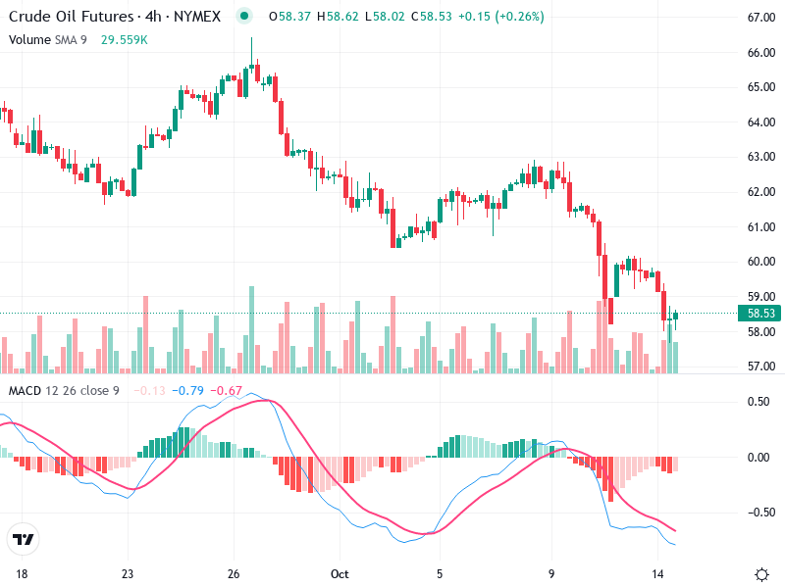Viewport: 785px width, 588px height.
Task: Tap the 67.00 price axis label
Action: [x=762, y=18]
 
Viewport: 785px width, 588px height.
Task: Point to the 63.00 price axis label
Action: [x=762, y=157]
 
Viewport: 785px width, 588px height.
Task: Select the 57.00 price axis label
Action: [x=762, y=367]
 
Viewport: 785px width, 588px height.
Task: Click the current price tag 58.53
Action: [x=762, y=314]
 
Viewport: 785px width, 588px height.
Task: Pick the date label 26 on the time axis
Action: [x=234, y=573]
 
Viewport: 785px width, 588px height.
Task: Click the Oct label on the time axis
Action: [x=340, y=573]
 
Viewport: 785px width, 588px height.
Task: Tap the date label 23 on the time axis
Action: [x=127, y=573]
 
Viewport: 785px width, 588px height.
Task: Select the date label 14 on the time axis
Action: [x=658, y=573]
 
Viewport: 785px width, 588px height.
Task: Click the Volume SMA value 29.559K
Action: [x=125, y=40]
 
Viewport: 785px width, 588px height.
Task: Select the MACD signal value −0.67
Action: [x=228, y=391]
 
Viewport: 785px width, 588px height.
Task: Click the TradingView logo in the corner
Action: [x=23, y=540]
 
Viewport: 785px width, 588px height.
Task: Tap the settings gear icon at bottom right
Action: [x=761, y=573]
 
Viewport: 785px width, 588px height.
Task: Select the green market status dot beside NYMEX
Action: [x=245, y=17]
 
